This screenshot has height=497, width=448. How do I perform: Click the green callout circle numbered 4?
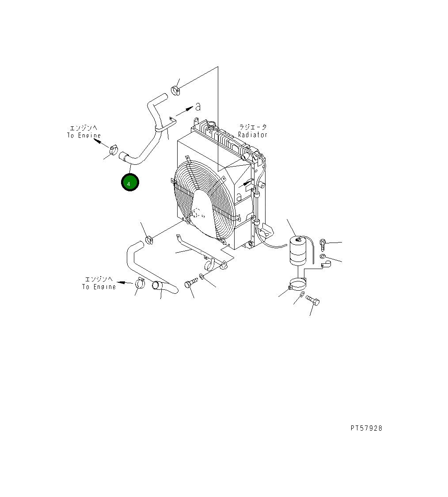[130, 182]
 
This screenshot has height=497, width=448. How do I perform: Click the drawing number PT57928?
[366, 428]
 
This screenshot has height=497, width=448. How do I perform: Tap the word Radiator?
[253, 135]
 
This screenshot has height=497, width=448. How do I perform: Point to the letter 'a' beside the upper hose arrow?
[198, 106]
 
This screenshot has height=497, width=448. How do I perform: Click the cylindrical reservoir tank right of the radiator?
[298, 251]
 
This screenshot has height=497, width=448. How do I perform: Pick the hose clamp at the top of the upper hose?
[175, 90]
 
